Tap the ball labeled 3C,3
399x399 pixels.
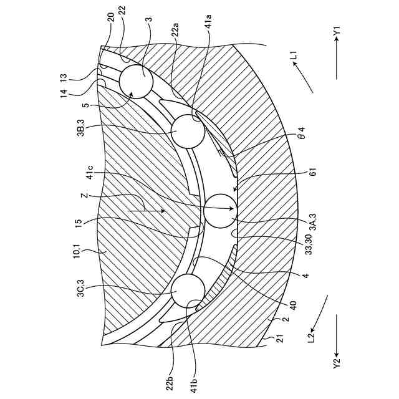189,291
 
